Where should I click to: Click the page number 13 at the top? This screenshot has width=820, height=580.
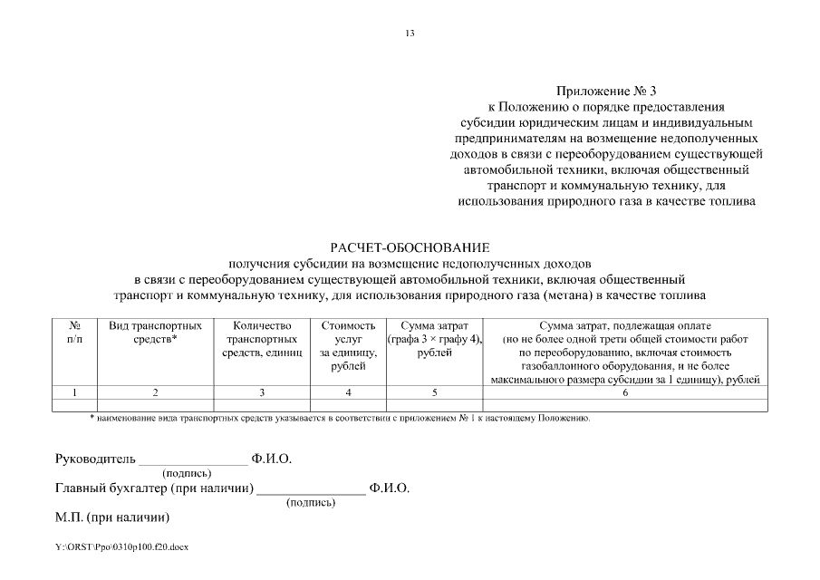[410, 34]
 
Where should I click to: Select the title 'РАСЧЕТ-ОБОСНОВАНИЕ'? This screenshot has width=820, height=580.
[410, 246]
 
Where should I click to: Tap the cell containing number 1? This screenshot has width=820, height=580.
[75, 392]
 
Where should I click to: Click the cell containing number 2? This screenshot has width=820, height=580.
[156, 392]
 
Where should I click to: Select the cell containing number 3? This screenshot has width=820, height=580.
[262, 392]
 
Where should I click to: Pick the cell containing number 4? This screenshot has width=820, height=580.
[348, 392]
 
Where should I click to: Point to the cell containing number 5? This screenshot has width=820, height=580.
[434, 392]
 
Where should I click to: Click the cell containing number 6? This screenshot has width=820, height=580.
[625, 392]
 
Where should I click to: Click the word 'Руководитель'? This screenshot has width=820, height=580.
[95, 459]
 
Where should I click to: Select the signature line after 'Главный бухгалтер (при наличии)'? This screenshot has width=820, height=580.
[310, 491]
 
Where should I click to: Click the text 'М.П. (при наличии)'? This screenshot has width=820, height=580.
[112, 517]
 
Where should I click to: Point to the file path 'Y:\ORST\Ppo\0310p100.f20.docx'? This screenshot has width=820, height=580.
[121, 547]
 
